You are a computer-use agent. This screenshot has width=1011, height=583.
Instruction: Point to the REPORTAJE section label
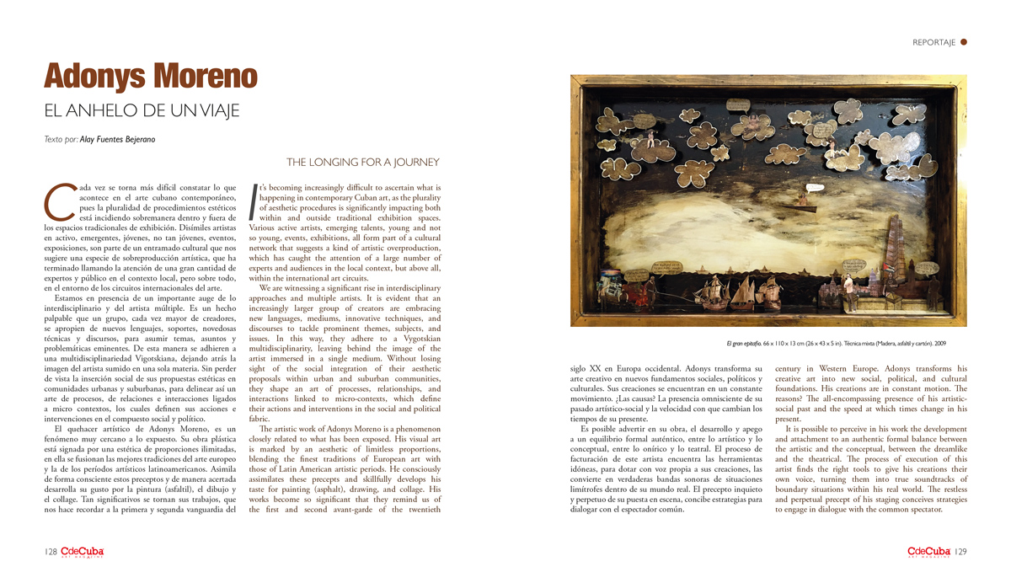(933, 42)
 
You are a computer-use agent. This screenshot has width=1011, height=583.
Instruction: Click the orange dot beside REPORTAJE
(964, 41)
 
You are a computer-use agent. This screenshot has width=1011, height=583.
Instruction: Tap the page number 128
(49, 552)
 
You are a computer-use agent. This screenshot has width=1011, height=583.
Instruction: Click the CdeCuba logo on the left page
(82, 552)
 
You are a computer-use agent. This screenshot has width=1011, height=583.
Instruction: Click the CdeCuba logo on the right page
(928, 552)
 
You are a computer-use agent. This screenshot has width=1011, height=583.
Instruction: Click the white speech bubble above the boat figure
(815, 187)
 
